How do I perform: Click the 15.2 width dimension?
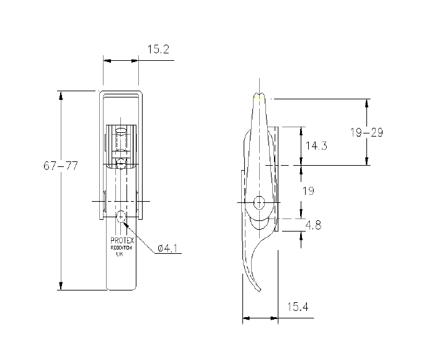(x=159, y=49)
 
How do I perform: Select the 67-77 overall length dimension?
(x=61, y=166)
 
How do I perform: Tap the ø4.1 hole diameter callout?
(x=169, y=248)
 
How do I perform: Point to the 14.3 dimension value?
(x=316, y=146)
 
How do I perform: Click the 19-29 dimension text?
(x=366, y=132)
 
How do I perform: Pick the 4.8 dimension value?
(x=314, y=225)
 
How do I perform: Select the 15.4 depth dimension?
(x=298, y=307)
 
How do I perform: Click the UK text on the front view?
(x=122, y=254)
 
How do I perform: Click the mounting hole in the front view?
(x=122, y=217)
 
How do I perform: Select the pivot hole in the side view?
(x=259, y=202)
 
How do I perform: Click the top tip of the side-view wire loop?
(x=260, y=96)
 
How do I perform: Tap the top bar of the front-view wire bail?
(x=122, y=93)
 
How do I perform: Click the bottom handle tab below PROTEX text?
(x=122, y=276)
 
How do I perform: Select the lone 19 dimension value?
(x=308, y=191)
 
